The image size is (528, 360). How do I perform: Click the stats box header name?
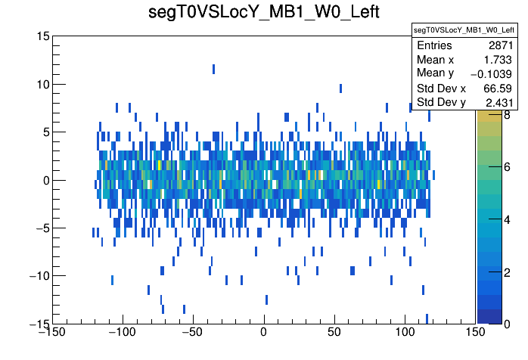464,30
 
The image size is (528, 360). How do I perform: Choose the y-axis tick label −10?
37,275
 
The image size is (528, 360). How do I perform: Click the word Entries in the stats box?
433,46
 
